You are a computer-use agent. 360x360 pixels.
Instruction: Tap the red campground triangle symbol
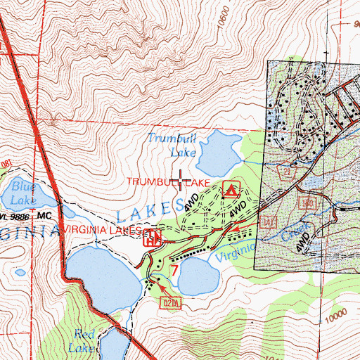pos(230,188)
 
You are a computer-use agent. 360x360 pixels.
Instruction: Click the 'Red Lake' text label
pos(83,341)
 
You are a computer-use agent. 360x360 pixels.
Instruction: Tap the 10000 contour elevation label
pos(337,311)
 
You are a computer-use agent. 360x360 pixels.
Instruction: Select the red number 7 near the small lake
pos(174,268)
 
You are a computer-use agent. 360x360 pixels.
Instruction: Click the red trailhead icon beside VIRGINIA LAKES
pos(150,238)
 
